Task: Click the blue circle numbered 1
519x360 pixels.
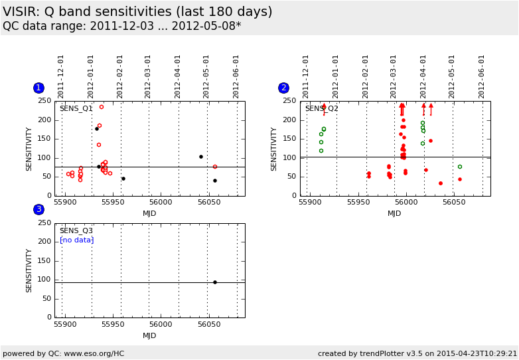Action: click(x=38, y=88)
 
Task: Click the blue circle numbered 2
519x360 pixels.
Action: click(x=283, y=88)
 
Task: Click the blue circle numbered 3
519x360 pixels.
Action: click(x=38, y=209)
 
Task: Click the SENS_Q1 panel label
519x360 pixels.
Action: click(x=76, y=108)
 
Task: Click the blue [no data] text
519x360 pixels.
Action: click(x=76, y=240)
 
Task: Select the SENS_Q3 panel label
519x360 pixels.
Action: click(x=76, y=230)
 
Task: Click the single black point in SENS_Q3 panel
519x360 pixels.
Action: click(x=215, y=282)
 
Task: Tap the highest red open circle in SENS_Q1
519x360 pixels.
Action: click(x=102, y=107)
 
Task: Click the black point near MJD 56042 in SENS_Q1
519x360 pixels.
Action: click(x=201, y=157)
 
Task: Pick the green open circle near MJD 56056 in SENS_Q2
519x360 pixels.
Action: click(x=460, y=167)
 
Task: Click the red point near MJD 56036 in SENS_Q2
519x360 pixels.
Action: click(x=441, y=183)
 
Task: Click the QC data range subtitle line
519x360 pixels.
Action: click(x=122, y=27)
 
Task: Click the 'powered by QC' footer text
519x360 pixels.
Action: click(x=64, y=353)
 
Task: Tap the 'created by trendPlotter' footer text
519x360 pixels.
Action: click(x=417, y=353)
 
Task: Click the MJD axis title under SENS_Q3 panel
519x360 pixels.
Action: click(x=149, y=335)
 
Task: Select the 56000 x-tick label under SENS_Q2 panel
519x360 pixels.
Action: click(x=406, y=202)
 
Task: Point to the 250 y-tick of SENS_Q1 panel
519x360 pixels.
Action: click(x=44, y=101)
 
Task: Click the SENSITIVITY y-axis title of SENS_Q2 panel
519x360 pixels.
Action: click(x=274, y=149)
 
